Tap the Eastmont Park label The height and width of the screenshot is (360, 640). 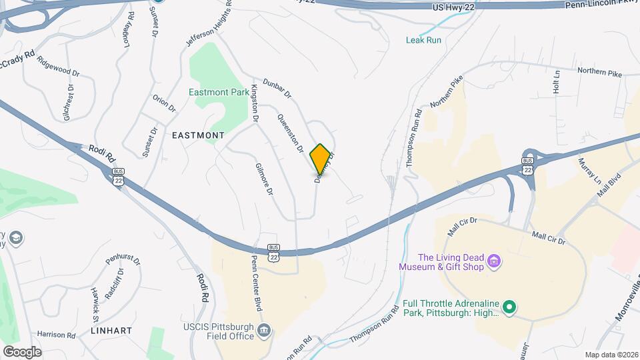point(216,92)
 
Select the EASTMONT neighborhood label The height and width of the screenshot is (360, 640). point(198,135)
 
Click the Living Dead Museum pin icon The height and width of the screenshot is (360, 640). point(493,259)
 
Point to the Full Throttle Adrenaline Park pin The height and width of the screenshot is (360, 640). point(510,307)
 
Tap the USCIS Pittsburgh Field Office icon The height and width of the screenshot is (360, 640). point(265,330)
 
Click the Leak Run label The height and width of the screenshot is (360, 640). point(423,40)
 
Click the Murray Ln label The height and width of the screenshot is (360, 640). point(589,171)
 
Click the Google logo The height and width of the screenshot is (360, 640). point(22,351)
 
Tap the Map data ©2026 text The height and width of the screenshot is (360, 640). point(611,355)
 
